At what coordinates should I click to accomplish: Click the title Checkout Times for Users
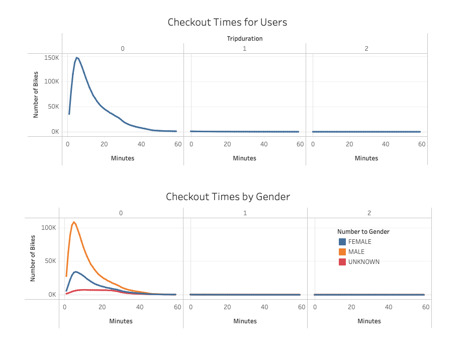point(227,23)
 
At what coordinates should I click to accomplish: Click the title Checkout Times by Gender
point(228,197)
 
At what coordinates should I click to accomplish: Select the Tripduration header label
point(244,38)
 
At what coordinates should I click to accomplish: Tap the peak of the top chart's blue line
point(76,58)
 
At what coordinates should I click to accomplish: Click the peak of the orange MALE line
point(74,222)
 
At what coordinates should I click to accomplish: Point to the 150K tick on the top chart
point(52,58)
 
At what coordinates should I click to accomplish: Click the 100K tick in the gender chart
point(49,228)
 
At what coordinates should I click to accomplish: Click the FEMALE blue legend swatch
point(342,242)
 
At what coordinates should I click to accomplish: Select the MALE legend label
point(356,252)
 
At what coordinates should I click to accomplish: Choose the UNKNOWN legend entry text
point(363,262)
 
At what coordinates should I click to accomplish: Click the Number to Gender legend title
point(363,232)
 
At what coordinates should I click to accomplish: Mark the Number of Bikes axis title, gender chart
point(33,258)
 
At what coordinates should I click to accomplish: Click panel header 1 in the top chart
point(245,49)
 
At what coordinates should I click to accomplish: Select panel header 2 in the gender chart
point(369,213)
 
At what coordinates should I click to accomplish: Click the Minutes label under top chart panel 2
point(366,158)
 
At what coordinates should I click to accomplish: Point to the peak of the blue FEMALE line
point(75,272)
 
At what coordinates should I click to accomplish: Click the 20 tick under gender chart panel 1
point(228,307)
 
